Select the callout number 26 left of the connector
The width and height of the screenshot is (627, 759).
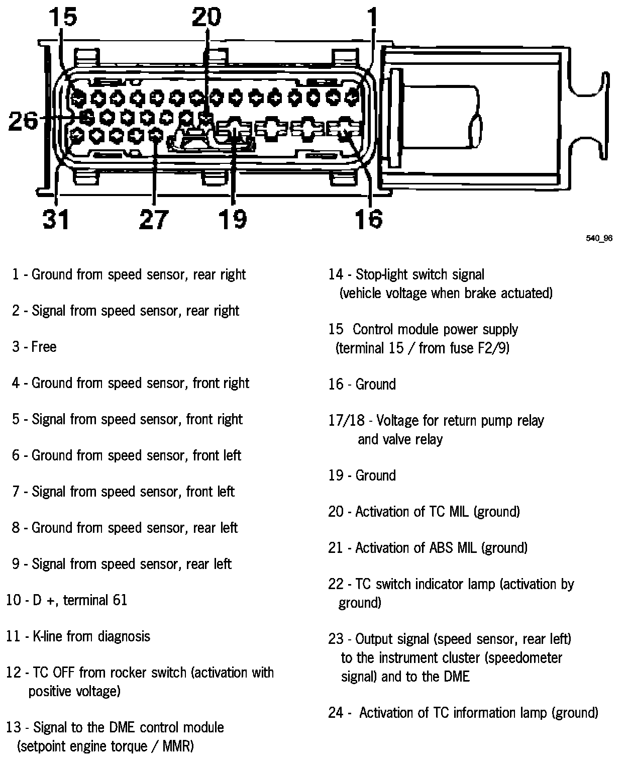click(x=23, y=121)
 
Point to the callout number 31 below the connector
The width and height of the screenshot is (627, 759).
click(x=55, y=219)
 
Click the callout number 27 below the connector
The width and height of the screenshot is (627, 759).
click(x=153, y=219)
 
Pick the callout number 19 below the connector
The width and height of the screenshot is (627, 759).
click(x=233, y=219)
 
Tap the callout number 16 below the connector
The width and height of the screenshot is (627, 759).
click(x=368, y=219)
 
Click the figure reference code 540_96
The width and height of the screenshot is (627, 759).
click(x=599, y=238)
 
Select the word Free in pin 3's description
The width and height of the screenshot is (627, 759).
click(x=44, y=347)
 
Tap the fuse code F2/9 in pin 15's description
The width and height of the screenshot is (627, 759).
click(x=492, y=348)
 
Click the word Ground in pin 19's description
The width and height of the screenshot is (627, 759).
click(x=375, y=476)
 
